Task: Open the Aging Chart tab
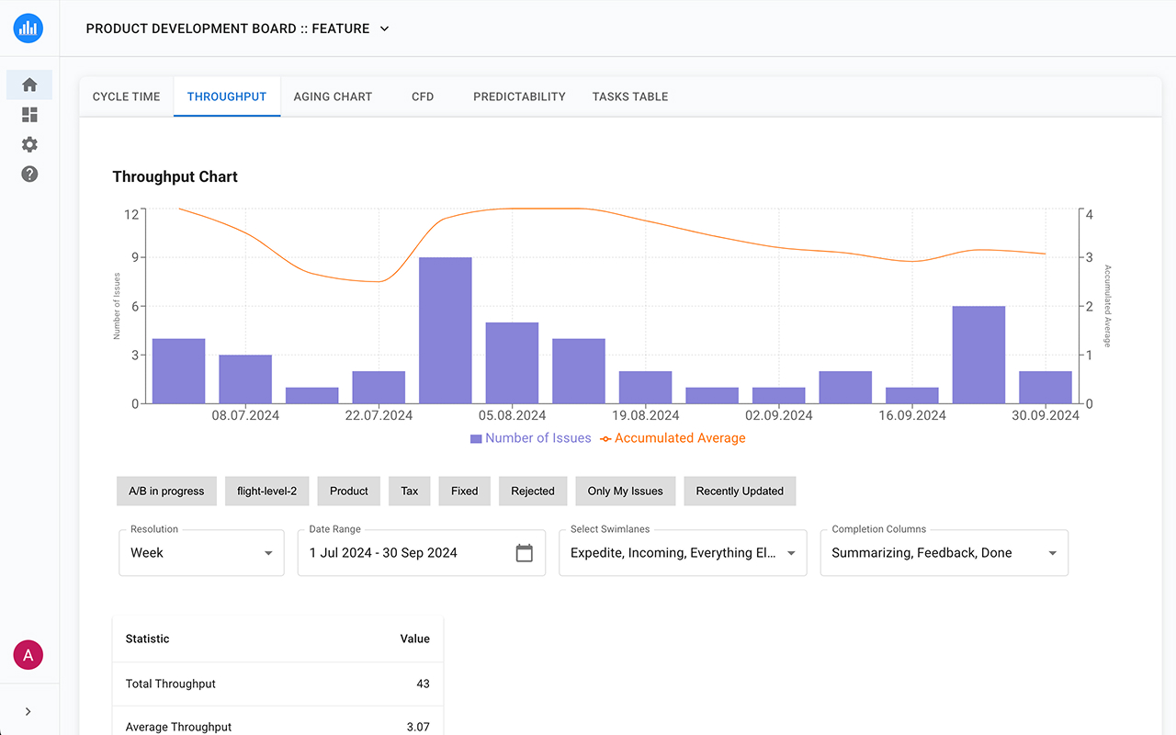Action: click(x=333, y=96)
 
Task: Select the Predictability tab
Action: click(x=519, y=96)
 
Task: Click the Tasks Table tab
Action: click(x=629, y=96)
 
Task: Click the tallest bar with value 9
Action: click(x=446, y=330)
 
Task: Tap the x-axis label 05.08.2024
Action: click(x=513, y=415)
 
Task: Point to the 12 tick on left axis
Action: click(x=131, y=214)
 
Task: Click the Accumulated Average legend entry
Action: click(x=673, y=438)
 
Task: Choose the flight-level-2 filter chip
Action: click(x=266, y=491)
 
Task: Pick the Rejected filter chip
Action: click(x=533, y=491)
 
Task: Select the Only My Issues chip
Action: click(x=625, y=491)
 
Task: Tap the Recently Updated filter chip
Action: click(x=740, y=491)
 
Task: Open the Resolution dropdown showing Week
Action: click(x=201, y=553)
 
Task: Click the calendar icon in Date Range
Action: click(x=525, y=553)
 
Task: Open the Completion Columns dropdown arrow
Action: click(x=1052, y=553)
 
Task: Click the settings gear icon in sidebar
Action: click(x=29, y=144)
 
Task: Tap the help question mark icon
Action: click(x=29, y=174)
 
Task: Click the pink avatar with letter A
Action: click(x=28, y=655)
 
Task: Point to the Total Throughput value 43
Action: click(x=422, y=684)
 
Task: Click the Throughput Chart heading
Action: click(x=175, y=177)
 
